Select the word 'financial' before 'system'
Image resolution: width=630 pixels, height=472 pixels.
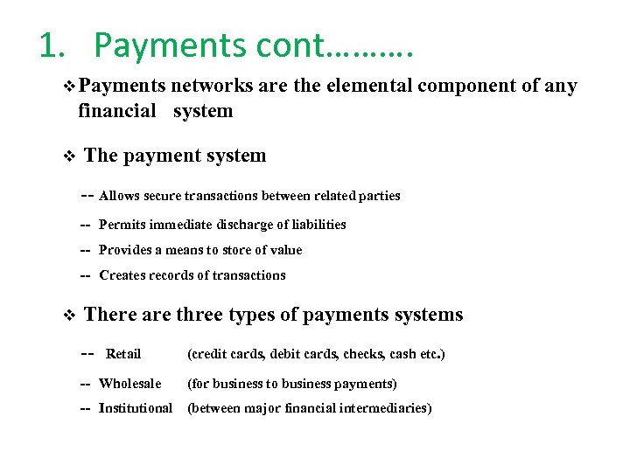click(116, 111)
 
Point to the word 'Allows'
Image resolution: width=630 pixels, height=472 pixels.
click(118, 196)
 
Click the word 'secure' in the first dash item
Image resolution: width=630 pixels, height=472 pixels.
click(162, 196)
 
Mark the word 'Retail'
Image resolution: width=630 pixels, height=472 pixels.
click(123, 354)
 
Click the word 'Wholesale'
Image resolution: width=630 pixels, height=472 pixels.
click(130, 384)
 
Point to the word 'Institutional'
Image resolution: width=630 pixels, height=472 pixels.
click(136, 408)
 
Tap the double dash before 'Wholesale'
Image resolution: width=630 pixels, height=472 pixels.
click(86, 384)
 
